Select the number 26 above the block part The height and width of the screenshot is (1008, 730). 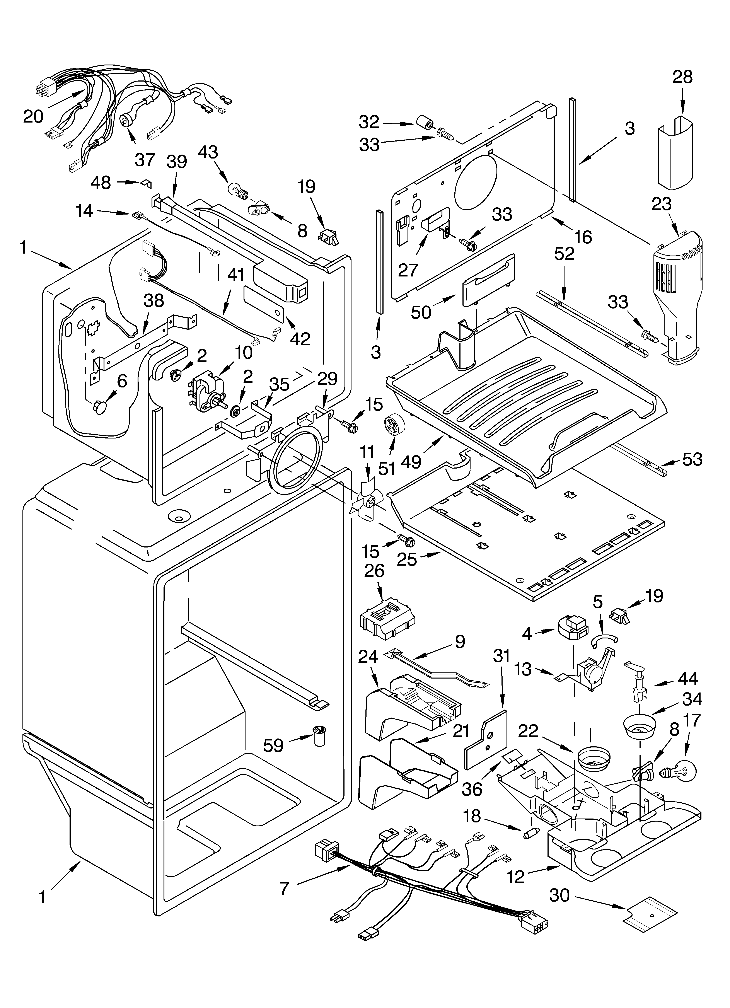coord(374,571)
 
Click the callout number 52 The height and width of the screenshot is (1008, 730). coord(564,254)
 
